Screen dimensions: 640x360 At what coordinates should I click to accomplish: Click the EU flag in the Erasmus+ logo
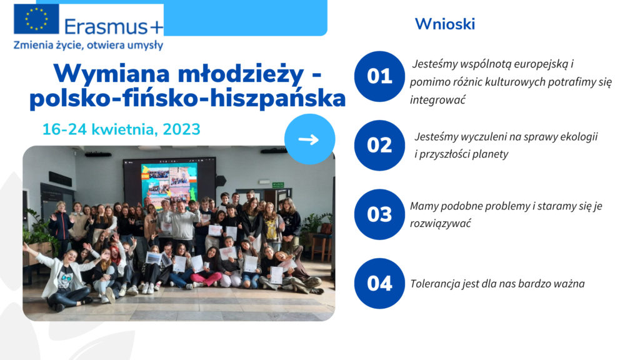tap(36, 19)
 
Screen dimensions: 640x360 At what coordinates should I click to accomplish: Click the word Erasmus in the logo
tap(106, 27)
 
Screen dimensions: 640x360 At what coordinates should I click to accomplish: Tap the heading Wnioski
tap(445, 24)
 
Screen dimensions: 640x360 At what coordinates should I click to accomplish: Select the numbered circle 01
tap(379, 76)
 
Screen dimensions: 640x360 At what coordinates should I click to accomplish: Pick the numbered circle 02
tap(379, 145)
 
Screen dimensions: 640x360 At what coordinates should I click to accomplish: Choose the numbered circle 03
tap(379, 214)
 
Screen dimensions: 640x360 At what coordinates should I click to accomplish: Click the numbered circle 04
tap(379, 283)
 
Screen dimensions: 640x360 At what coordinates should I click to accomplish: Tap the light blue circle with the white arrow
tap(310, 139)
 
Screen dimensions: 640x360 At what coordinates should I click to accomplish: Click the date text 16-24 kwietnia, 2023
tap(121, 129)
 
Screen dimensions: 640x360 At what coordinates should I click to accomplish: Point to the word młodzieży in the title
tap(241, 74)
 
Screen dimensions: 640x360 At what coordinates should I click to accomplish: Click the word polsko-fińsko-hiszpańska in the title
tap(187, 98)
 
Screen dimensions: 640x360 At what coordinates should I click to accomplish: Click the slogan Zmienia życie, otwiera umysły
tap(88, 45)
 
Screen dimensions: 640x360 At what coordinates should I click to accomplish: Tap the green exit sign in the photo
tap(278, 185)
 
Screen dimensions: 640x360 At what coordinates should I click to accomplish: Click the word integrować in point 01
tap(437, 100)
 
